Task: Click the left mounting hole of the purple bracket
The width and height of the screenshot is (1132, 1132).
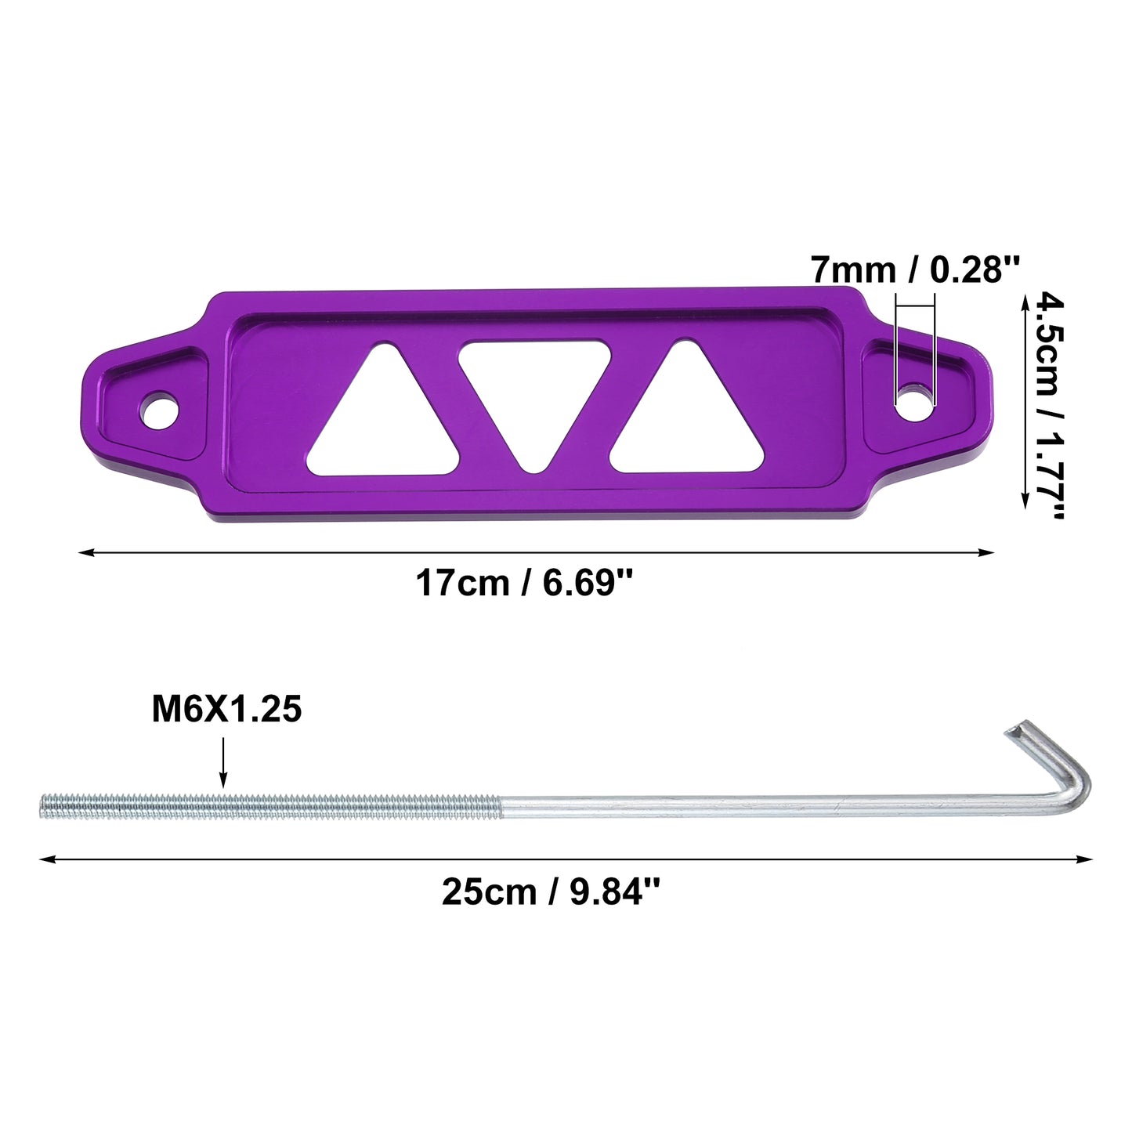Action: tap(160, 410)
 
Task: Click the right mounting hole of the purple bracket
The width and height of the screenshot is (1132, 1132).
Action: tap(915, 403)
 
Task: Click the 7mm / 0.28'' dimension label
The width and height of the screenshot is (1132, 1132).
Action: tap(915, 269)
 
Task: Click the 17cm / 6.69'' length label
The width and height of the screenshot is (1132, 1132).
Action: tap(524, 584)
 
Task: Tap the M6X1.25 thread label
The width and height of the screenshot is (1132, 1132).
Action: tap(226, 708)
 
